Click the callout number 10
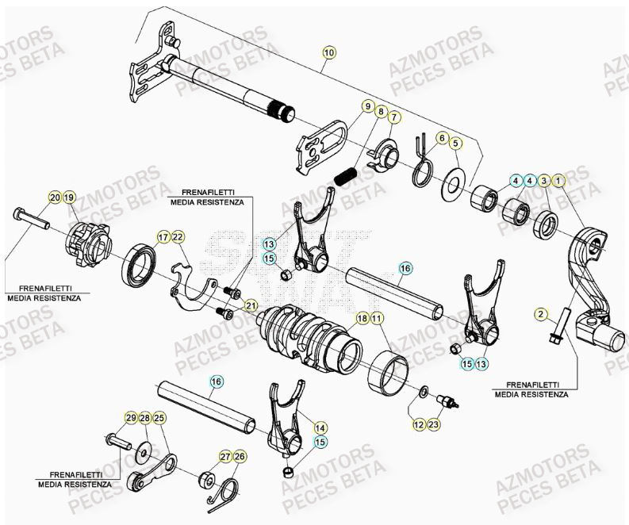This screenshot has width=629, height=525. (329, 52)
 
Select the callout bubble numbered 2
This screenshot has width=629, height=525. (541, 314)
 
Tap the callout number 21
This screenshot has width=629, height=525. (251, 306)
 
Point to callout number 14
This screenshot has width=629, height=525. (320, 427)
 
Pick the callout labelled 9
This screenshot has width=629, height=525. (368, 105)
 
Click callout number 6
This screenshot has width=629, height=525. (442, 138)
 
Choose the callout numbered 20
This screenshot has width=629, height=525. (54, 197)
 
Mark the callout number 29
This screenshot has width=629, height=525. (131, 417)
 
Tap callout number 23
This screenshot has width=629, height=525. (434, 425)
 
